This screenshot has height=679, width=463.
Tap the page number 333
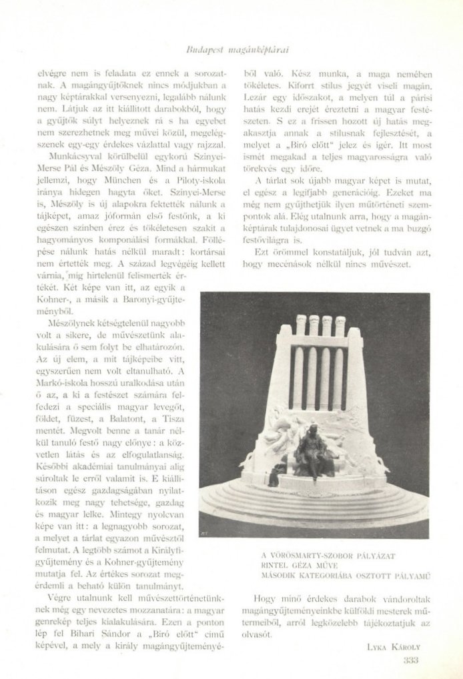click(410, 660)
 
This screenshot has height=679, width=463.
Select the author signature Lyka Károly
click(392, 646)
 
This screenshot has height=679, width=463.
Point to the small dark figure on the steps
click(274, 476)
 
